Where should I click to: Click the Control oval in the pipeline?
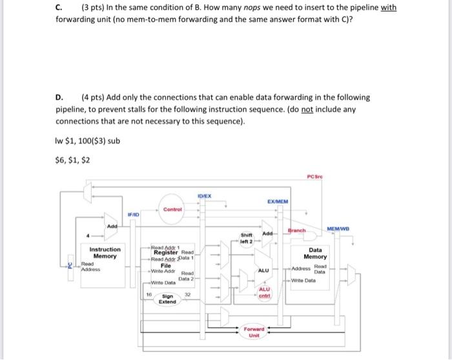pos(172,209)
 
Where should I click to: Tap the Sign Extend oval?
pos(167,298)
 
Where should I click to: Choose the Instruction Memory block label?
pos(105,252)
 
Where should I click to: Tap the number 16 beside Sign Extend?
pos(149,294)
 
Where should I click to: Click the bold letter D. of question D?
pos(59,97)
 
